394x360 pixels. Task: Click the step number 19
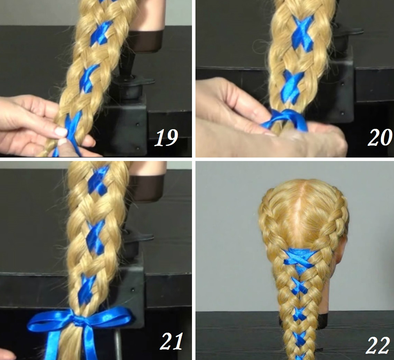coord(166,138)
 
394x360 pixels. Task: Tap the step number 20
coord(380,137)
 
